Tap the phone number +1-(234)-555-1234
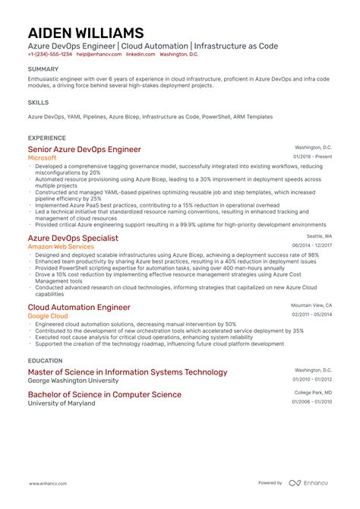coord(50,55)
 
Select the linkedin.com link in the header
coord(136,55)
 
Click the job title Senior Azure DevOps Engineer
coord(84,149)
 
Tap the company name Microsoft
coord(43,158)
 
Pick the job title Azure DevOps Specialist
coord(73,238)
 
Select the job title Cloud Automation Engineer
coord(79,307)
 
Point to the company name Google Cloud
coord(49,316)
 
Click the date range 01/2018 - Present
coord(312,156)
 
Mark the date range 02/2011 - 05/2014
coord(312,314)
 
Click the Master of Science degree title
coord(128,372)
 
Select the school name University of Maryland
coord(62,403)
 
